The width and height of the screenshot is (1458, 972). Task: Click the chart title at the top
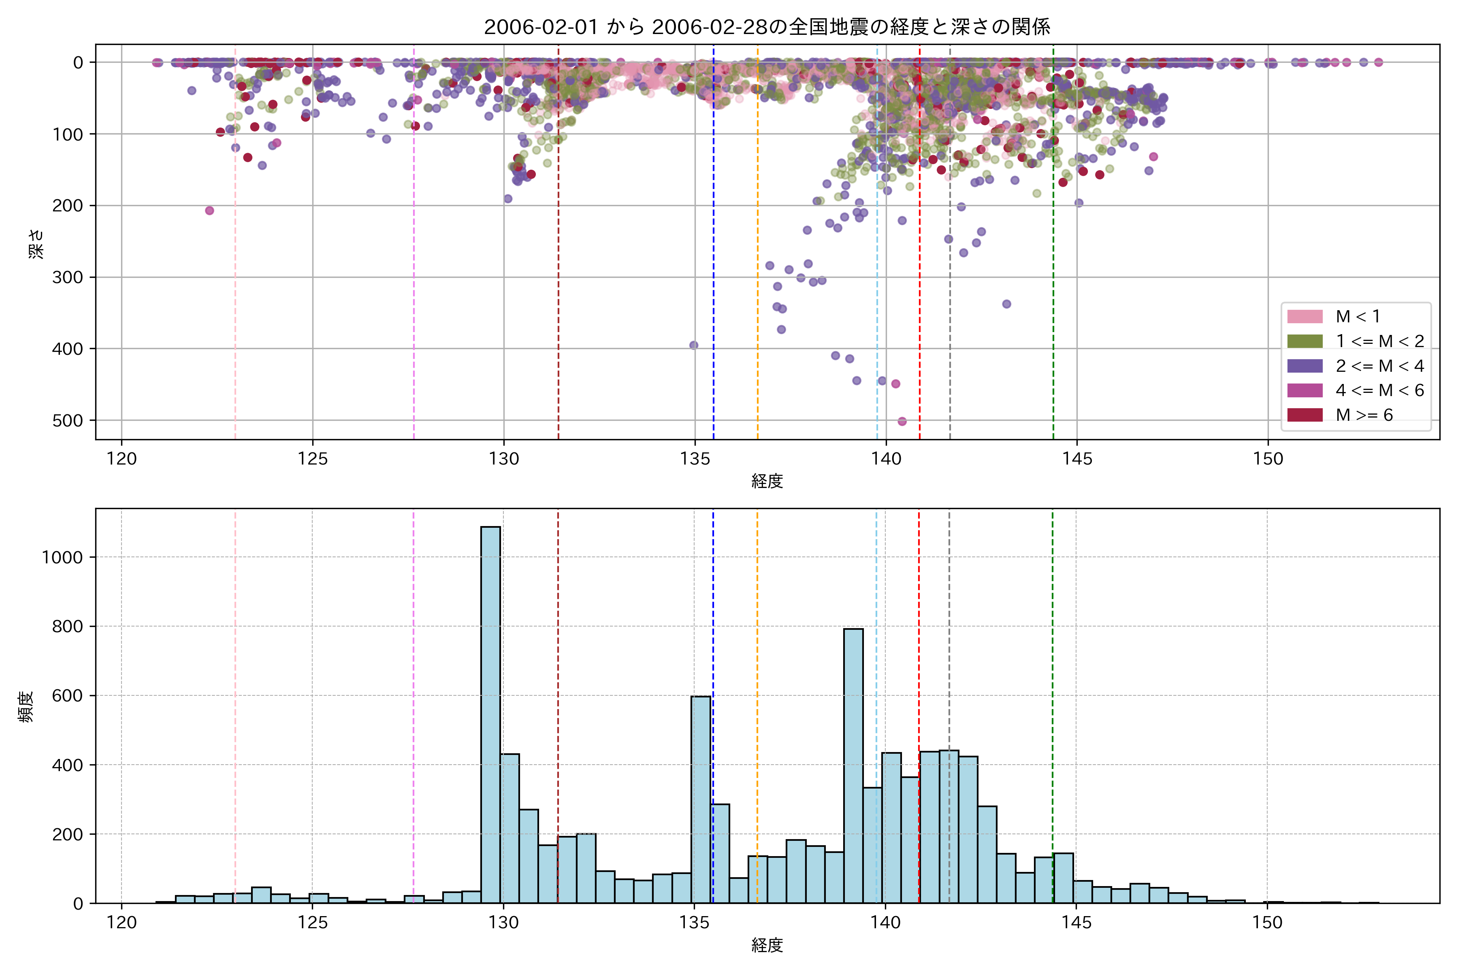tap(767, 27)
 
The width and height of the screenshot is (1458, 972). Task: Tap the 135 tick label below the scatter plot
tap(694, 459)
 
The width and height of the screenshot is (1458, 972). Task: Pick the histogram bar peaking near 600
tap(701, 799)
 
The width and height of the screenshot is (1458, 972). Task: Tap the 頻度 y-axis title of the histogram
tap(26, 707)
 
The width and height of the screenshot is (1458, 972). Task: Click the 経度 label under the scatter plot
tap(767, 481)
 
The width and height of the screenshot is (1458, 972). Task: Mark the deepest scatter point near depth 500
tap(902, 422)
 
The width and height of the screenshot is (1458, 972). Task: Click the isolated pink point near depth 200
tap(209, 211)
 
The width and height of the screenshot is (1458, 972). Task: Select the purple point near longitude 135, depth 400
tap(694, 345)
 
